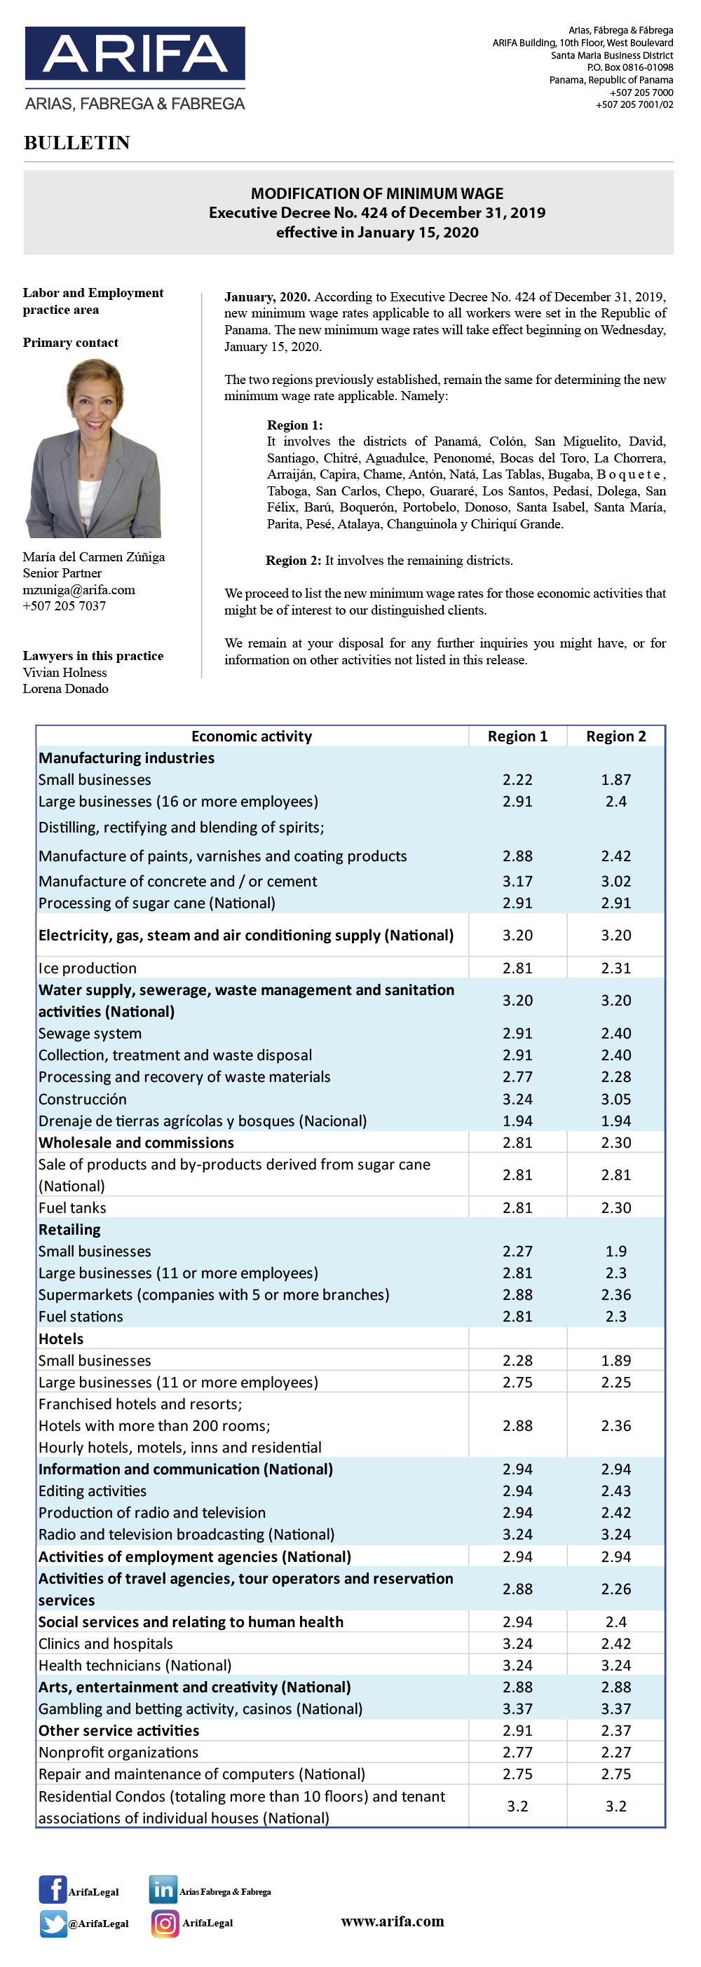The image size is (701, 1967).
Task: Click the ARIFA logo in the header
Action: click(135, 69)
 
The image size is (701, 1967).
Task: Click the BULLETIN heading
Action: click(77, 143)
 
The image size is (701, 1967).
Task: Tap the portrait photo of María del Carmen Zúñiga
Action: click(93, 448)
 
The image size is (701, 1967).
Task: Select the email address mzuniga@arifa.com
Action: click(79, 589)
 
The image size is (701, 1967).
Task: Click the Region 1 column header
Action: click(518, 736)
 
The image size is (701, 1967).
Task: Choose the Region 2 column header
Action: click(616, 736)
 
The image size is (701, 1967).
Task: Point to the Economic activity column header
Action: click(251, 736)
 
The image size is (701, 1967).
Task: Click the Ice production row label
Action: click(88, 968)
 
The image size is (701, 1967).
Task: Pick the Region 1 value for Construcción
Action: click(518, 1099)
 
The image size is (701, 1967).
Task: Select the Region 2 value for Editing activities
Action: click(616, 1490)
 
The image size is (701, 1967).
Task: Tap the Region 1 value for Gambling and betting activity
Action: click(518, 1709)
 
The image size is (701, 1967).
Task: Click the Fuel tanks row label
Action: click(72, 1208)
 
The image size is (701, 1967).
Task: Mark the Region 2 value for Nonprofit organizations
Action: click(616, 1753)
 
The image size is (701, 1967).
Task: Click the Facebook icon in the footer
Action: click(53, 1890)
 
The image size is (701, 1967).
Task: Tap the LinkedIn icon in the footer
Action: click(163, 1890)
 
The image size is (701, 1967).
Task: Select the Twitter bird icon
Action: click(53, 1924)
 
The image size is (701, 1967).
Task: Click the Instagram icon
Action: click(165, 1924)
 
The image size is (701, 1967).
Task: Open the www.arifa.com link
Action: click(393, 1921)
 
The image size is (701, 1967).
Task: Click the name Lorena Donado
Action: click(66, 689)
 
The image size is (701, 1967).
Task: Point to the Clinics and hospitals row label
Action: click(106, 1644)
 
